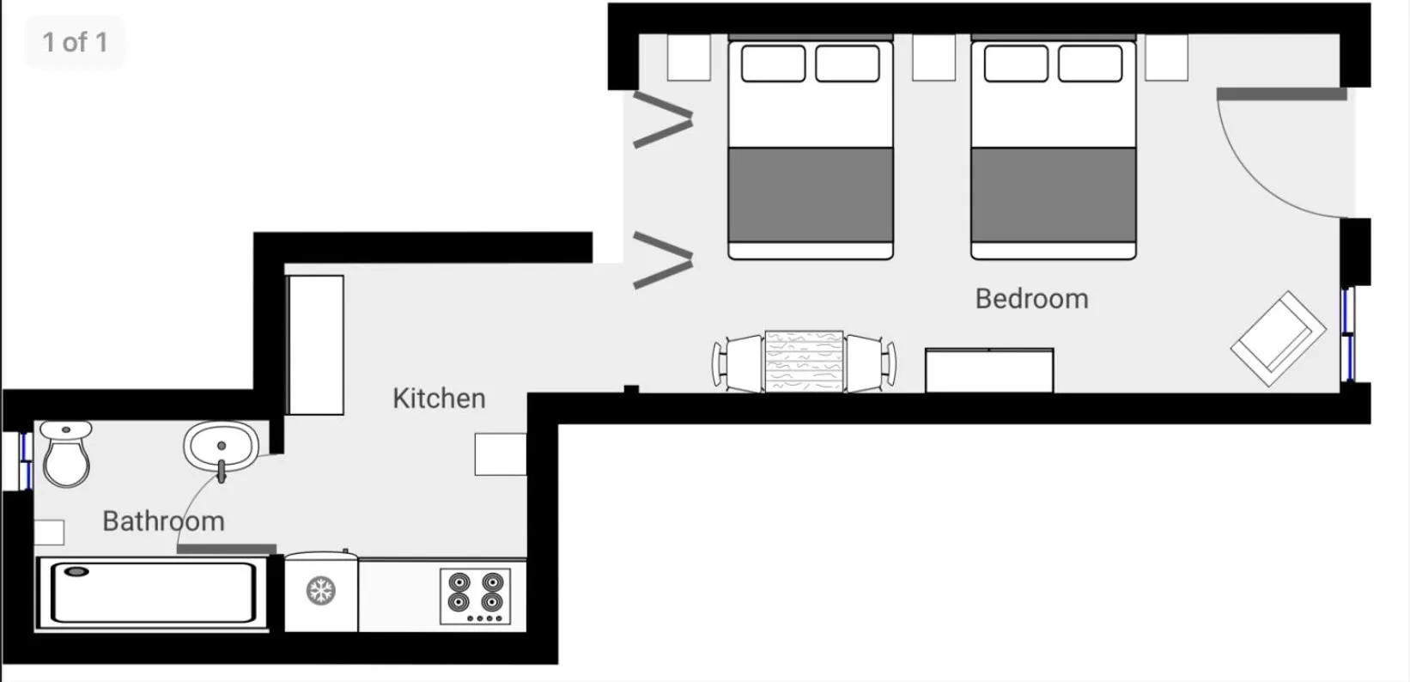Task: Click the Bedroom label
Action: (1031, 299)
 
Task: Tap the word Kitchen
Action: (439, 399)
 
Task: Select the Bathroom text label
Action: (163, 521)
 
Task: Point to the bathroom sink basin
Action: (222, 446)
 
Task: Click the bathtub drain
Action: (77, 571)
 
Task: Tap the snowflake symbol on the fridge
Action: (321, 591)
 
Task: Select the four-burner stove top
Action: (475, 597)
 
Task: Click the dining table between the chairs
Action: (804, 362)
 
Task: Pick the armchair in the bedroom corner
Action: (1278, 338)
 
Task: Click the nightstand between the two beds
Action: (933, 58)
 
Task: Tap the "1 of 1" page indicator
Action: (76, 42)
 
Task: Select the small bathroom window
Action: (26, 460)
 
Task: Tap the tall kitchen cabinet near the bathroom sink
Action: (315, 345)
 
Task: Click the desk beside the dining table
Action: (989, 370)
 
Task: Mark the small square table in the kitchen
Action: (501, 454)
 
